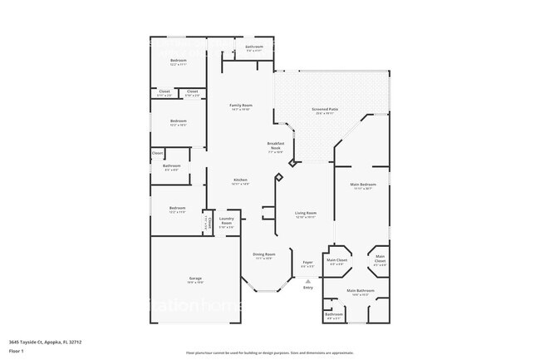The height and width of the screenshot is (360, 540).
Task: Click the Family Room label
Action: coord(241,106)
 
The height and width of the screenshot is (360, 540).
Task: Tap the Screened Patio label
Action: coord(325,109)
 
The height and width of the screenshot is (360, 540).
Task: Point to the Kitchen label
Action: coord(240,180)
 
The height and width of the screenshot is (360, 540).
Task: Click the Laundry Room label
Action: coord(226,219)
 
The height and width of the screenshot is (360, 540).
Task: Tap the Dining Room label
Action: coord(264,254)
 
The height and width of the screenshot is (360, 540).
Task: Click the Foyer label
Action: coord(307,262)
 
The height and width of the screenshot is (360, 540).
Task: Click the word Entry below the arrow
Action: coord(308,288)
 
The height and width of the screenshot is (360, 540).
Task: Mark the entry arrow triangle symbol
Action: coord(308,281)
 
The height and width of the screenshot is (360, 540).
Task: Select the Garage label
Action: coord(195,279)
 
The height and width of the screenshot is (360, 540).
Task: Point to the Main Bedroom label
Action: coord(363,184)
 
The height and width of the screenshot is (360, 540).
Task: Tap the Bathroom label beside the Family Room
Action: coord(254,47)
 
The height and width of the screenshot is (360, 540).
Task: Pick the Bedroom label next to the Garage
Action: coord(177,208)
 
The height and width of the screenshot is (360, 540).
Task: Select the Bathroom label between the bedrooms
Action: coord(172,165)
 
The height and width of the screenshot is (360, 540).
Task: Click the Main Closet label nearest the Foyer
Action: coord(336,260)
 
